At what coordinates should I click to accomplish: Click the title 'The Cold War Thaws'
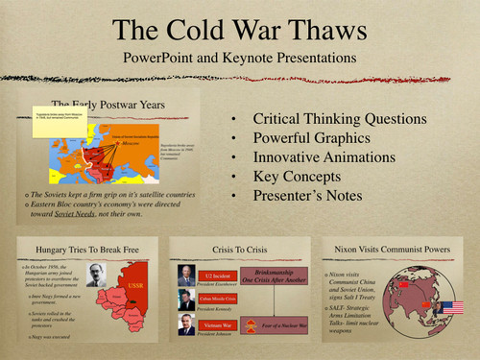coord(239,27)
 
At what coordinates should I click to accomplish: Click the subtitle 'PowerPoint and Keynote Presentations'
coord(239,59)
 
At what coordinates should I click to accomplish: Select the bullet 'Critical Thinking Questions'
coord(340,119)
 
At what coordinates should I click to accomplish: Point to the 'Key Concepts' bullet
coord(293,176)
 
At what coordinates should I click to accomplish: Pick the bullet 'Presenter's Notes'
coord(307,195)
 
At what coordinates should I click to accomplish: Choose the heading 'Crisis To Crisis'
coord(238,249)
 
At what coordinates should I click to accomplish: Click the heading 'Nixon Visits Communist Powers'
coord(396,249)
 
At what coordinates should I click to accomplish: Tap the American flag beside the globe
coord(451,308)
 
